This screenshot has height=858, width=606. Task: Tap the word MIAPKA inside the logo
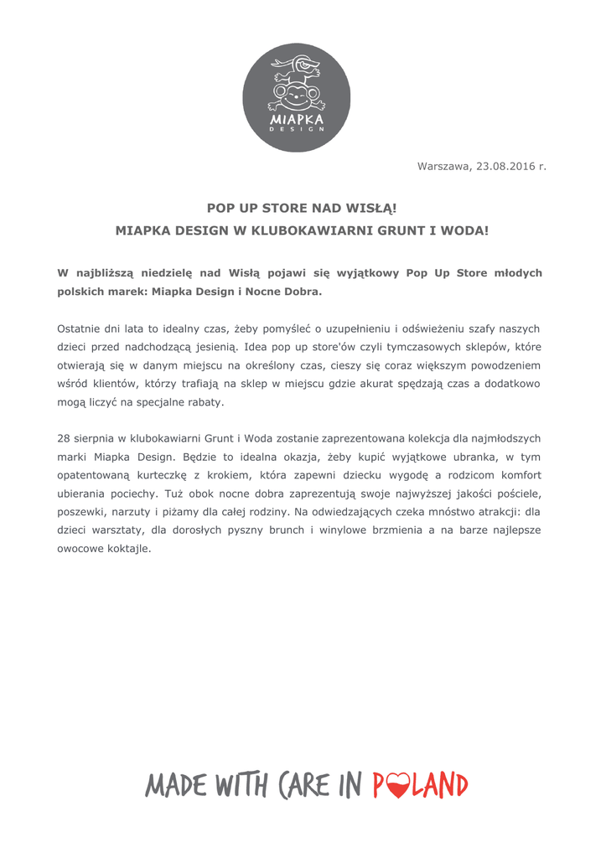tap(297, 121)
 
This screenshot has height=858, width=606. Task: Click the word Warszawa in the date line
tap(444, 167)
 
